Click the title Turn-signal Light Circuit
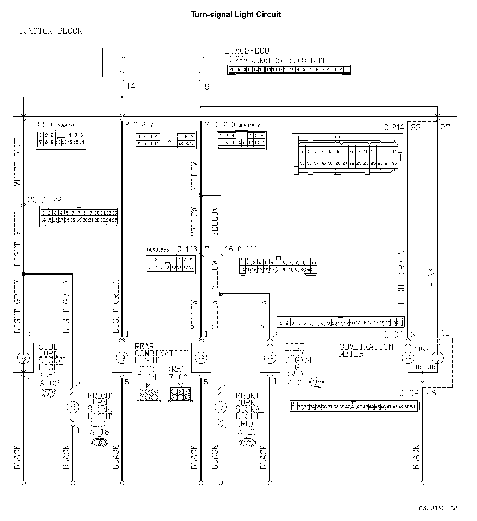pos(235,14)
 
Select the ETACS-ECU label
pos(247,51)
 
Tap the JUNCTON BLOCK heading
pos(50,31)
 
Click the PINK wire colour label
pos(431,277)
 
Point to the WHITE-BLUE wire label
pos(17,162)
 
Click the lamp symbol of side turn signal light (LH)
pos(23,357)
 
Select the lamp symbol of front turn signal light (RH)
pos(221,407)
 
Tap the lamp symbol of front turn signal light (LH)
pos(73,407)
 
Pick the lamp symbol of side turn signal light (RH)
pos(270,357)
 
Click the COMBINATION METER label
pos(366,350)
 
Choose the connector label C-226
pos(237,59)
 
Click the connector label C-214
pos(394,127)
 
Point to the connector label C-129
pos(51,200)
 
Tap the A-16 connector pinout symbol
pos(100,442)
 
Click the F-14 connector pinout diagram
pos(148,394)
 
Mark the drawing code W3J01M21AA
pos(438,508)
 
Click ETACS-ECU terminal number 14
pos(131,87)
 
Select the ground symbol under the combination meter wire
pos(422,485)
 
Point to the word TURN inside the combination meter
pos(422,349)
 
